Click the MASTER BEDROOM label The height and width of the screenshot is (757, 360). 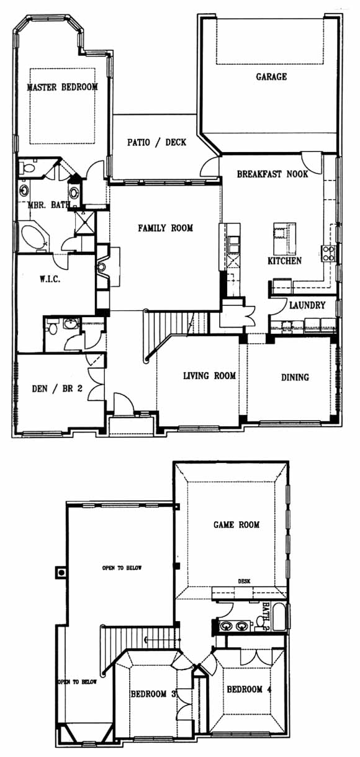tap(62, 87)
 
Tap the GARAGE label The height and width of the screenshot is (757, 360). tap(271, 77)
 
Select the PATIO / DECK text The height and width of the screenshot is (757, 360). tap(156, 142)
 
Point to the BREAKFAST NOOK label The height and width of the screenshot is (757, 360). tap(272, 174)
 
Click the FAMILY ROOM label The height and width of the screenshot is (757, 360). tap(165, 228)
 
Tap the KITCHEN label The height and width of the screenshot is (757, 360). tap(285, 261)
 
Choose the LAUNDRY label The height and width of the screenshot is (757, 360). tap(307, 305)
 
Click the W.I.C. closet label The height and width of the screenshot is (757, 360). tap(50, 279)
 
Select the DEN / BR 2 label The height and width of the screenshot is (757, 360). tap(57, 388)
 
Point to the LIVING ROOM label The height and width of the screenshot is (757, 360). tap(210, 375)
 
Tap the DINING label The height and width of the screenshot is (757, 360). tap(295, 377)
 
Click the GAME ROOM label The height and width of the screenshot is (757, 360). tap(236, 524)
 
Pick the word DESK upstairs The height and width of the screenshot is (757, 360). tap(244, 581)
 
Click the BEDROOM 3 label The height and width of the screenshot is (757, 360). tap(153, 694)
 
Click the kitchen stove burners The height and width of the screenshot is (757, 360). tap(328, 253)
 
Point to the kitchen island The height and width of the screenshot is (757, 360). tap(284, 239)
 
